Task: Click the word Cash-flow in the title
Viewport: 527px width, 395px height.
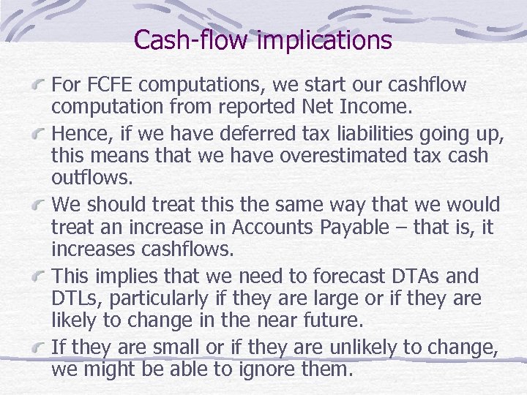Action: (192, 39)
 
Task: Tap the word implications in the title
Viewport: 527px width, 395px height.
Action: (325, 39)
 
